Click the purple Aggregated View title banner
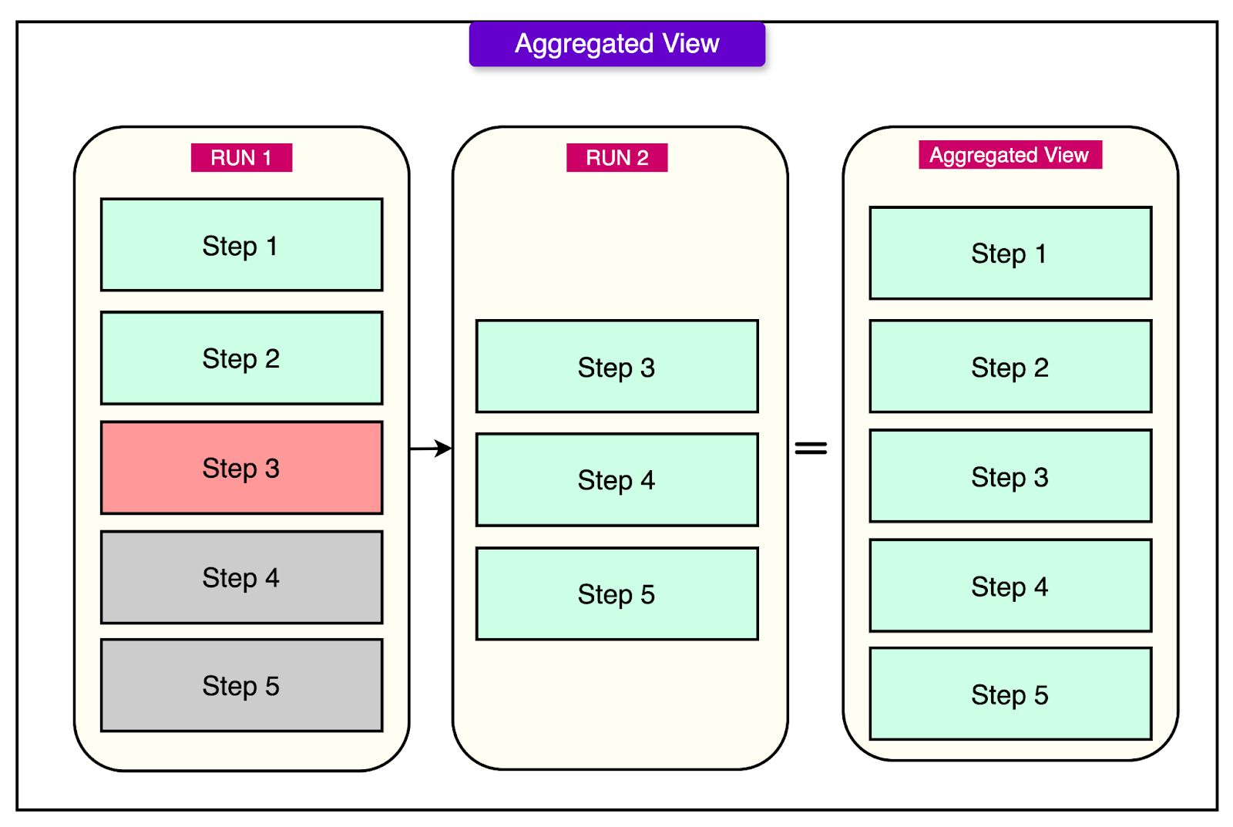616,44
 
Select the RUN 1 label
241,157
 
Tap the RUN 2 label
616,157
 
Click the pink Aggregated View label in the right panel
1010,155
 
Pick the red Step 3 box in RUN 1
241,468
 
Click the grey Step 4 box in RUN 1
241,577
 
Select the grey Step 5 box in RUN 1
241,685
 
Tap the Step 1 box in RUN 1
241,245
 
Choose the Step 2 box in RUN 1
241,358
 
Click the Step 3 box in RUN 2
616,367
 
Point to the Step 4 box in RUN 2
616,480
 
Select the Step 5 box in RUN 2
616,594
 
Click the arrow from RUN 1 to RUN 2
431,448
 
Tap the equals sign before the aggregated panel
811,448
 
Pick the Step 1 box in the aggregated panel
1010,253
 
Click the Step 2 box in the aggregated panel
1010,367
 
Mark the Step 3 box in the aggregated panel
1010,476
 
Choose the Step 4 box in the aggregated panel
1010,586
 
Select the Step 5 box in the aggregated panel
1010,694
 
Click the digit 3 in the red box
272,468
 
